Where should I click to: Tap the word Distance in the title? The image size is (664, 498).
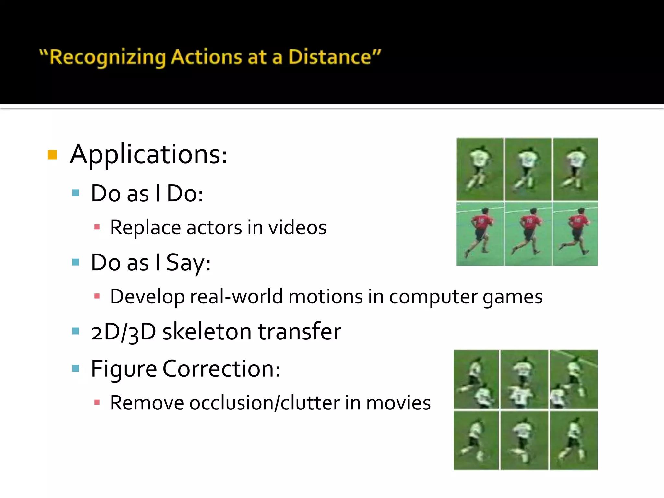pyautogui.click(x=329, y=57)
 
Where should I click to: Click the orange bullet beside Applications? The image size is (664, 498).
pyautogui.click(x=52, y=155)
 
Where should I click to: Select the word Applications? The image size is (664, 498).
pyautogui.click(x=148, y=154)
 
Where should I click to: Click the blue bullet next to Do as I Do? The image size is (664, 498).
pyautogui.click(x=76, y=193)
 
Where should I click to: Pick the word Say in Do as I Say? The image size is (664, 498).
pyautogui.click(x=188, y=263)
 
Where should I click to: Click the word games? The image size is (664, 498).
pyautogui.click(x=513, y=297)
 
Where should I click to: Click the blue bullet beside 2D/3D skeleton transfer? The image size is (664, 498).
pyautogui.click(x=76, y=331)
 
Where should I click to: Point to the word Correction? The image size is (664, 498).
pyautogui.click(x=221, y=369)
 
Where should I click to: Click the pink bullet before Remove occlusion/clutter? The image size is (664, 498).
pyautogui.click(x=97, y=403)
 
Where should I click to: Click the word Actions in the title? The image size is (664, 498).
pyautogui.click(x=206, y=57)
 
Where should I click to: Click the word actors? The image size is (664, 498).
pyautogui.click(x=214, y=228)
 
